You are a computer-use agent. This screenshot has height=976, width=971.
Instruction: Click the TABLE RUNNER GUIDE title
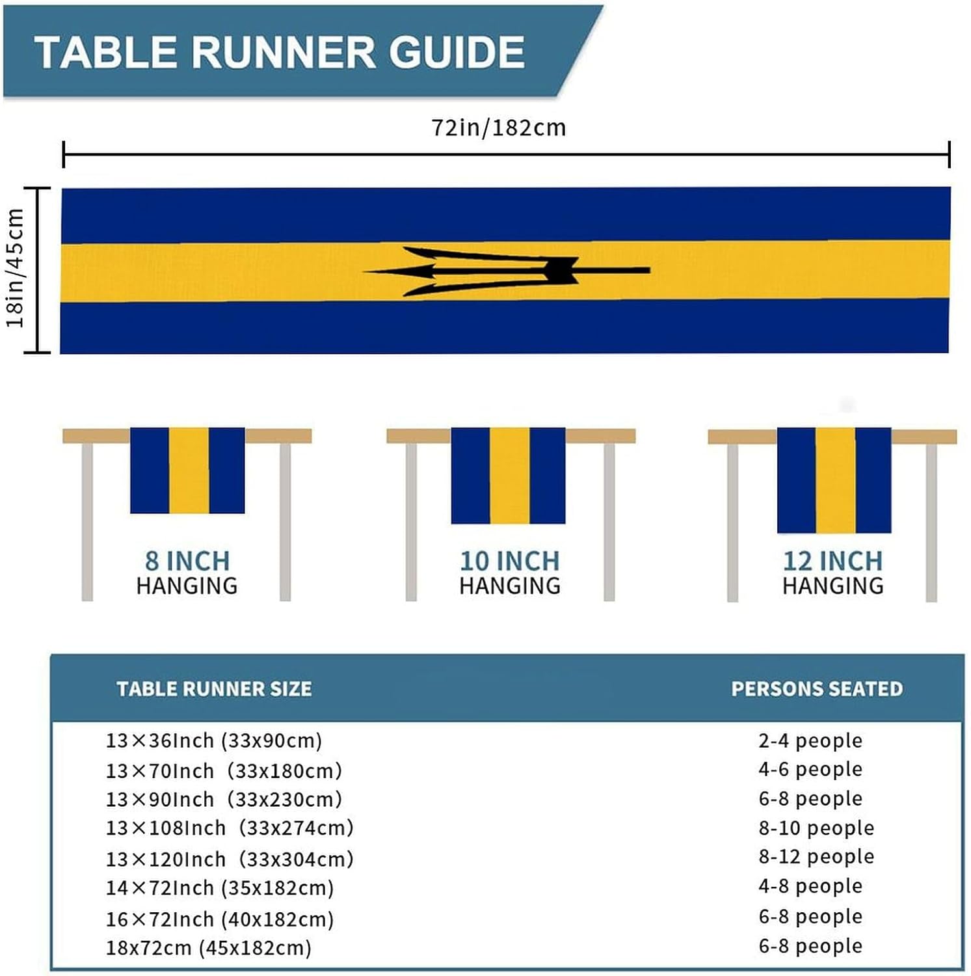pos(280,52)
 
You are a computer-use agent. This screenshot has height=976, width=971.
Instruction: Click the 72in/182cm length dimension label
pos(499,128)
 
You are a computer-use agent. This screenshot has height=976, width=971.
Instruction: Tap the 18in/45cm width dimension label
pos(15,268)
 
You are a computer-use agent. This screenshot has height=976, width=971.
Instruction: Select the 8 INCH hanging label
pos(187,561)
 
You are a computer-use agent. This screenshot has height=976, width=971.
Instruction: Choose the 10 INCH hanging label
pos(510,561)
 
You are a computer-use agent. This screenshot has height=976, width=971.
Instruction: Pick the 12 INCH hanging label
pos(833,561)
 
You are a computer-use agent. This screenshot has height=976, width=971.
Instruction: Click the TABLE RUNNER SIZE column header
pos(214,688)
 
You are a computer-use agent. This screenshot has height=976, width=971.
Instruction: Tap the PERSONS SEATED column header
pos(817,688)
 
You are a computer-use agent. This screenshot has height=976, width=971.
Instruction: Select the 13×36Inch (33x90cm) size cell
pos(214,740)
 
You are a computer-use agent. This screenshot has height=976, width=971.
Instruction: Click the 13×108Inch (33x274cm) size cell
pos(230,828)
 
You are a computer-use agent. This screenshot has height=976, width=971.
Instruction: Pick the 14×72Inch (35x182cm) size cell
pos(220,888)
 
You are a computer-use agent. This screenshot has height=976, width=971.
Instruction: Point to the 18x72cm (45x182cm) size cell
pos(209,947)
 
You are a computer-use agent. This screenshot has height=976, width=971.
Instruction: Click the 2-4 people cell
pos(810,740)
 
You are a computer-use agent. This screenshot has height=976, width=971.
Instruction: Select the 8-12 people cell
pos(816,856)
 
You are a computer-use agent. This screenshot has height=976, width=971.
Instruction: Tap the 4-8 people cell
pos(810,886)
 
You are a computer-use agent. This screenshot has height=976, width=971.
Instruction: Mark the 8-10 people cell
pos(816,828)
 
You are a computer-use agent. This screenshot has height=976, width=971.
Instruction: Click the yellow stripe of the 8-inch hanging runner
pos(189,470)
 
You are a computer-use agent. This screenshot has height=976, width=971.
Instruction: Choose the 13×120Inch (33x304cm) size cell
pos(230,859)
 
